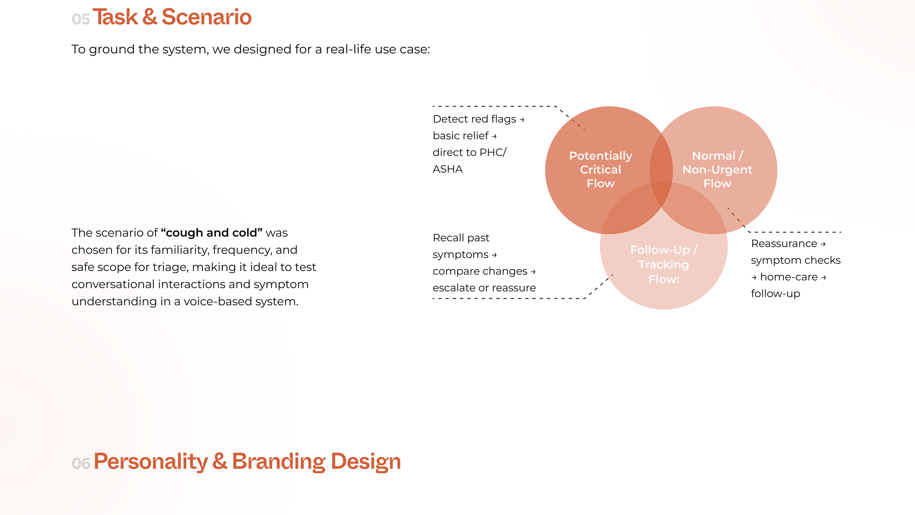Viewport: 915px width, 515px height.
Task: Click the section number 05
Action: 81,19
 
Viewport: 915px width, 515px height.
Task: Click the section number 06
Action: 81,463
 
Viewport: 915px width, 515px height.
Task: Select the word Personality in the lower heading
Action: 151,462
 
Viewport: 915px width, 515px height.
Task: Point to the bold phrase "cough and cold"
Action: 212,232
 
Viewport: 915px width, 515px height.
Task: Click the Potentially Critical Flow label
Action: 601,170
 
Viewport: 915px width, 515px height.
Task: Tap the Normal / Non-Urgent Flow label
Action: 717,170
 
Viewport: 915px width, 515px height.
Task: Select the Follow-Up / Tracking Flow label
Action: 664,264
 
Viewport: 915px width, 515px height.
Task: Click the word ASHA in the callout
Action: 447,169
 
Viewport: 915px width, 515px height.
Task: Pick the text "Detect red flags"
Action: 474,119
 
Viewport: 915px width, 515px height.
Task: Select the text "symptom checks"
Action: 796,260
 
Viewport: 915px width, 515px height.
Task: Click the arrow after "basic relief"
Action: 494,136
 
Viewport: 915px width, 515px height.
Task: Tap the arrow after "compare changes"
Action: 533,272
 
